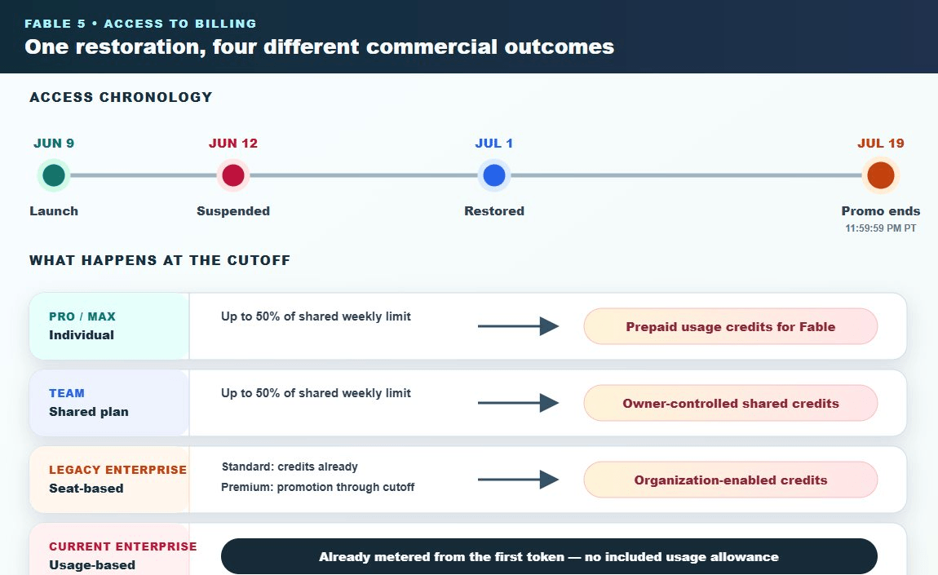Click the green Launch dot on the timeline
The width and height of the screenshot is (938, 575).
(x=54, y=175)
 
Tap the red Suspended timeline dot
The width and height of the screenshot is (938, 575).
(x=233, y=175)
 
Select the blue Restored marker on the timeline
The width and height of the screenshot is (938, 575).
(x=494, y=175)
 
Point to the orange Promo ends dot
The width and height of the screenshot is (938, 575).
(x=881, y=175)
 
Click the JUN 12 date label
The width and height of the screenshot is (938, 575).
(x=233, y=143)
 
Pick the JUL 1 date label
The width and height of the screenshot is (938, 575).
(x=494, y=143)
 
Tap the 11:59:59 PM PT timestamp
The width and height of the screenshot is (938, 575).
(x=881, y=228)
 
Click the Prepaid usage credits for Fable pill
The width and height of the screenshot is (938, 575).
(x=731, y=326)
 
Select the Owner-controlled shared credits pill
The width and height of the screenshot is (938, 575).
(x=731, y=403)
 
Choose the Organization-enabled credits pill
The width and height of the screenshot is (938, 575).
(x=731, y=480)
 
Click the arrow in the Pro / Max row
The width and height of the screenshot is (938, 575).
(x=518, y=326)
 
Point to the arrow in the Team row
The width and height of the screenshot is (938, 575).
(x=518, y=403)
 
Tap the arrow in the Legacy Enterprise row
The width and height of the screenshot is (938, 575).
(x=518, y=480)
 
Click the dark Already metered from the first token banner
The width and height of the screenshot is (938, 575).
(x=549, y=556)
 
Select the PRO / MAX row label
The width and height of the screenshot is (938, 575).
(x=82, y=316)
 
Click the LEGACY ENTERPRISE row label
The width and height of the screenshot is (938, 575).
(x=117, y=470)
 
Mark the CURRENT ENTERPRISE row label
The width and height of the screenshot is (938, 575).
(x=122, y=546)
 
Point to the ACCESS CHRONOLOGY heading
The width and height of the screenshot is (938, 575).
(x=121, y=97)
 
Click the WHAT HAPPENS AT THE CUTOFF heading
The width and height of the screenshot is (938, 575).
(x=160, y=260)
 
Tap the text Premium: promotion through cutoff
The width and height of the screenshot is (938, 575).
(x=317, y=487)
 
